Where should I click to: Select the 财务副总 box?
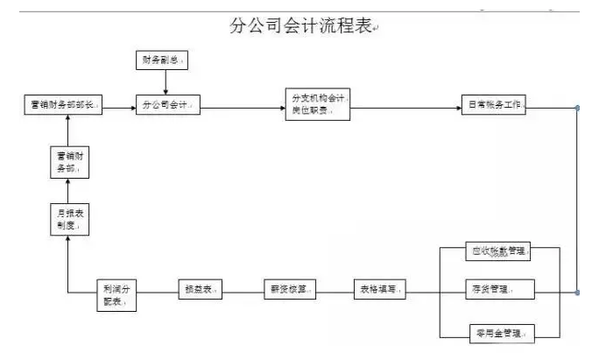click(164, 60)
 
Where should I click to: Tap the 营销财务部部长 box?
click(61, 105)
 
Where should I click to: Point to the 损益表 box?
click(200, 289)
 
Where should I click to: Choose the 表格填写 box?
click(378, 289)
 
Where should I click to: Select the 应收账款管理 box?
click(497, 252)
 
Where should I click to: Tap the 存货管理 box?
click(497, 289)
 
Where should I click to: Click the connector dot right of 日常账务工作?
click(576, 108)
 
